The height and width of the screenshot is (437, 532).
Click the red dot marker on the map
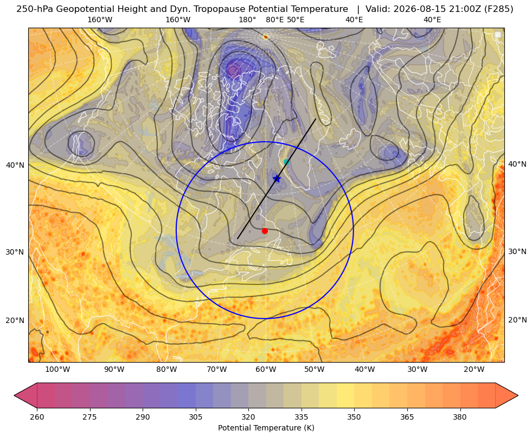coord(265,231)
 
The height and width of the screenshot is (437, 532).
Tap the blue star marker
coord(277,179)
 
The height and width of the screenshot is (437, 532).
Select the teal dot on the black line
coord(286,162)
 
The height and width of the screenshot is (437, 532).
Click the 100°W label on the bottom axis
coord(57,369)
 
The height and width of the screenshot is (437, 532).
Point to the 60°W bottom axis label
coord(266,369)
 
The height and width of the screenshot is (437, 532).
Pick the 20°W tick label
coord(474,369)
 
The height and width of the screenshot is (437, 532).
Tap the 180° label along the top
coord(247,20)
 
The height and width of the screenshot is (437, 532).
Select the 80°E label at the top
coord(274,20)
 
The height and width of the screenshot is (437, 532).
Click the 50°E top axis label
coord(296,20)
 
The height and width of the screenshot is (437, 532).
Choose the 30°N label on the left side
coord(15,252)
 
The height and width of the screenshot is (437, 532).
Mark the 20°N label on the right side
coord(517,320)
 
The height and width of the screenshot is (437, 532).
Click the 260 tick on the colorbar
coord(37,417)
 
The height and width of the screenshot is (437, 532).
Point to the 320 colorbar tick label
coord(248,417)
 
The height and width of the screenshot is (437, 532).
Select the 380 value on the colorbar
coord(460,417)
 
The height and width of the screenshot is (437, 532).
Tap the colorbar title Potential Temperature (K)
coord(266,428)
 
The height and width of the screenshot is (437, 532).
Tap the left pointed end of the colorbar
coord(15,395)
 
